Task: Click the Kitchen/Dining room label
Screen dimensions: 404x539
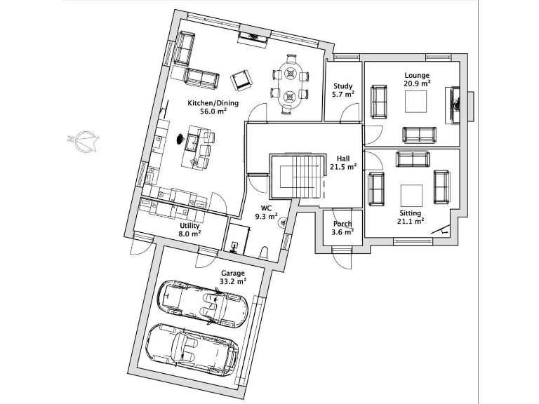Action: (x=213, y=103)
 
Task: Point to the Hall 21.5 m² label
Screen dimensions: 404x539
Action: (x=343, y=163)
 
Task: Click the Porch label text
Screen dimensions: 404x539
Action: (x=342, y=224)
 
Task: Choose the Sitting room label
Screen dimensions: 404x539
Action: (x=411, y=213)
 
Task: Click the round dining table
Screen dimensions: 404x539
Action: (x=290, y=83)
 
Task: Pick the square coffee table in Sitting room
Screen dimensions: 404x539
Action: (x=411, y=194)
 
